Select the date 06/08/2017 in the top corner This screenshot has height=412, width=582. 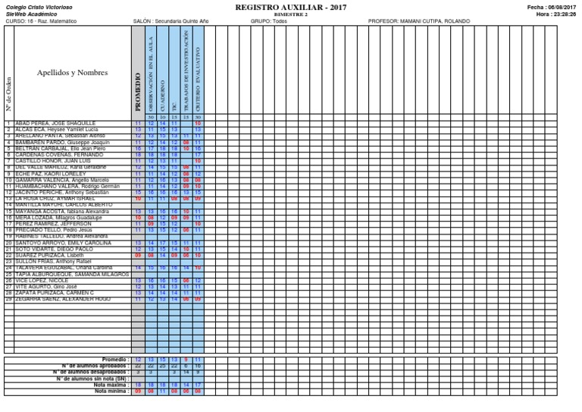[560, 6]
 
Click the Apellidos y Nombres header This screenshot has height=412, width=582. [72, 73]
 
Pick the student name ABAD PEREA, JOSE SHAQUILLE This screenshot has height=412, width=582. [55, 123]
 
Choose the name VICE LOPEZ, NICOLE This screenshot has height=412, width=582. [42, 280]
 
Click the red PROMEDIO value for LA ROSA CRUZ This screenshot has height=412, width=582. [138, 199]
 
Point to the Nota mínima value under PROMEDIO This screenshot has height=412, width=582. [138, 392]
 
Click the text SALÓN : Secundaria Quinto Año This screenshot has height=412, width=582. [172, 21]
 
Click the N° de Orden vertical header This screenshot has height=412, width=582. [8, 92]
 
